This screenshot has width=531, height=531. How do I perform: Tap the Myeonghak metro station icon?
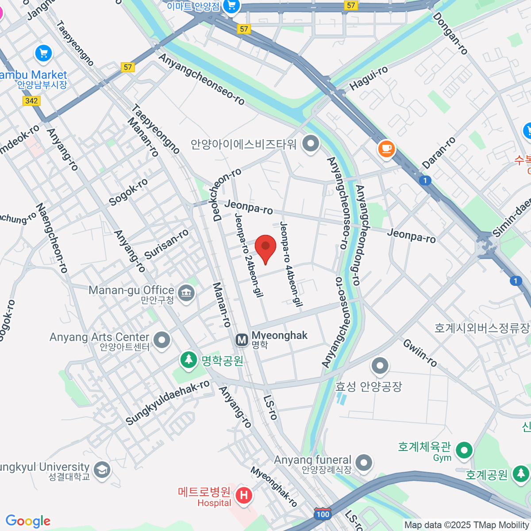[242, 340]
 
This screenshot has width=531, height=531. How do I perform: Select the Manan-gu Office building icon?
[186, 292]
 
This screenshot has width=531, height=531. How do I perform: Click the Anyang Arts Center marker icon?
[162, 340]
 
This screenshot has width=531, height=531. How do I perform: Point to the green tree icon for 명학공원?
[189, 359]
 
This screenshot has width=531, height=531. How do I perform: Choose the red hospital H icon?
[243, 495]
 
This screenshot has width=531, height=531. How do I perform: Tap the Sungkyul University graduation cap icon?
[102, 470]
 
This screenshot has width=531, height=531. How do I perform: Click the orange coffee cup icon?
[386, 148]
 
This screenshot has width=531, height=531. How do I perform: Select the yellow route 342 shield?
[31, 101]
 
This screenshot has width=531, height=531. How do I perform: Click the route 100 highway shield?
[323, 514]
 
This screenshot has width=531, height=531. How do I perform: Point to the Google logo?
[28, 521]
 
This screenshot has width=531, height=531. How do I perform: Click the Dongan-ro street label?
[450, 34]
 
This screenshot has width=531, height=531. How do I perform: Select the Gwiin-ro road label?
[420, 353]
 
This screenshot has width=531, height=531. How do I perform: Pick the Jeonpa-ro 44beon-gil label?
[291, 264]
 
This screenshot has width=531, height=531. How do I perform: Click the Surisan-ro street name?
[166, 244]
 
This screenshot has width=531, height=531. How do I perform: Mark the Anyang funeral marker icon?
[364, 462]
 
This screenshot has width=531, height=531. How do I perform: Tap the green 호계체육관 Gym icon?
[464, 450]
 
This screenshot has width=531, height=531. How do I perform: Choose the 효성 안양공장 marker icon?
[380, 366]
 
